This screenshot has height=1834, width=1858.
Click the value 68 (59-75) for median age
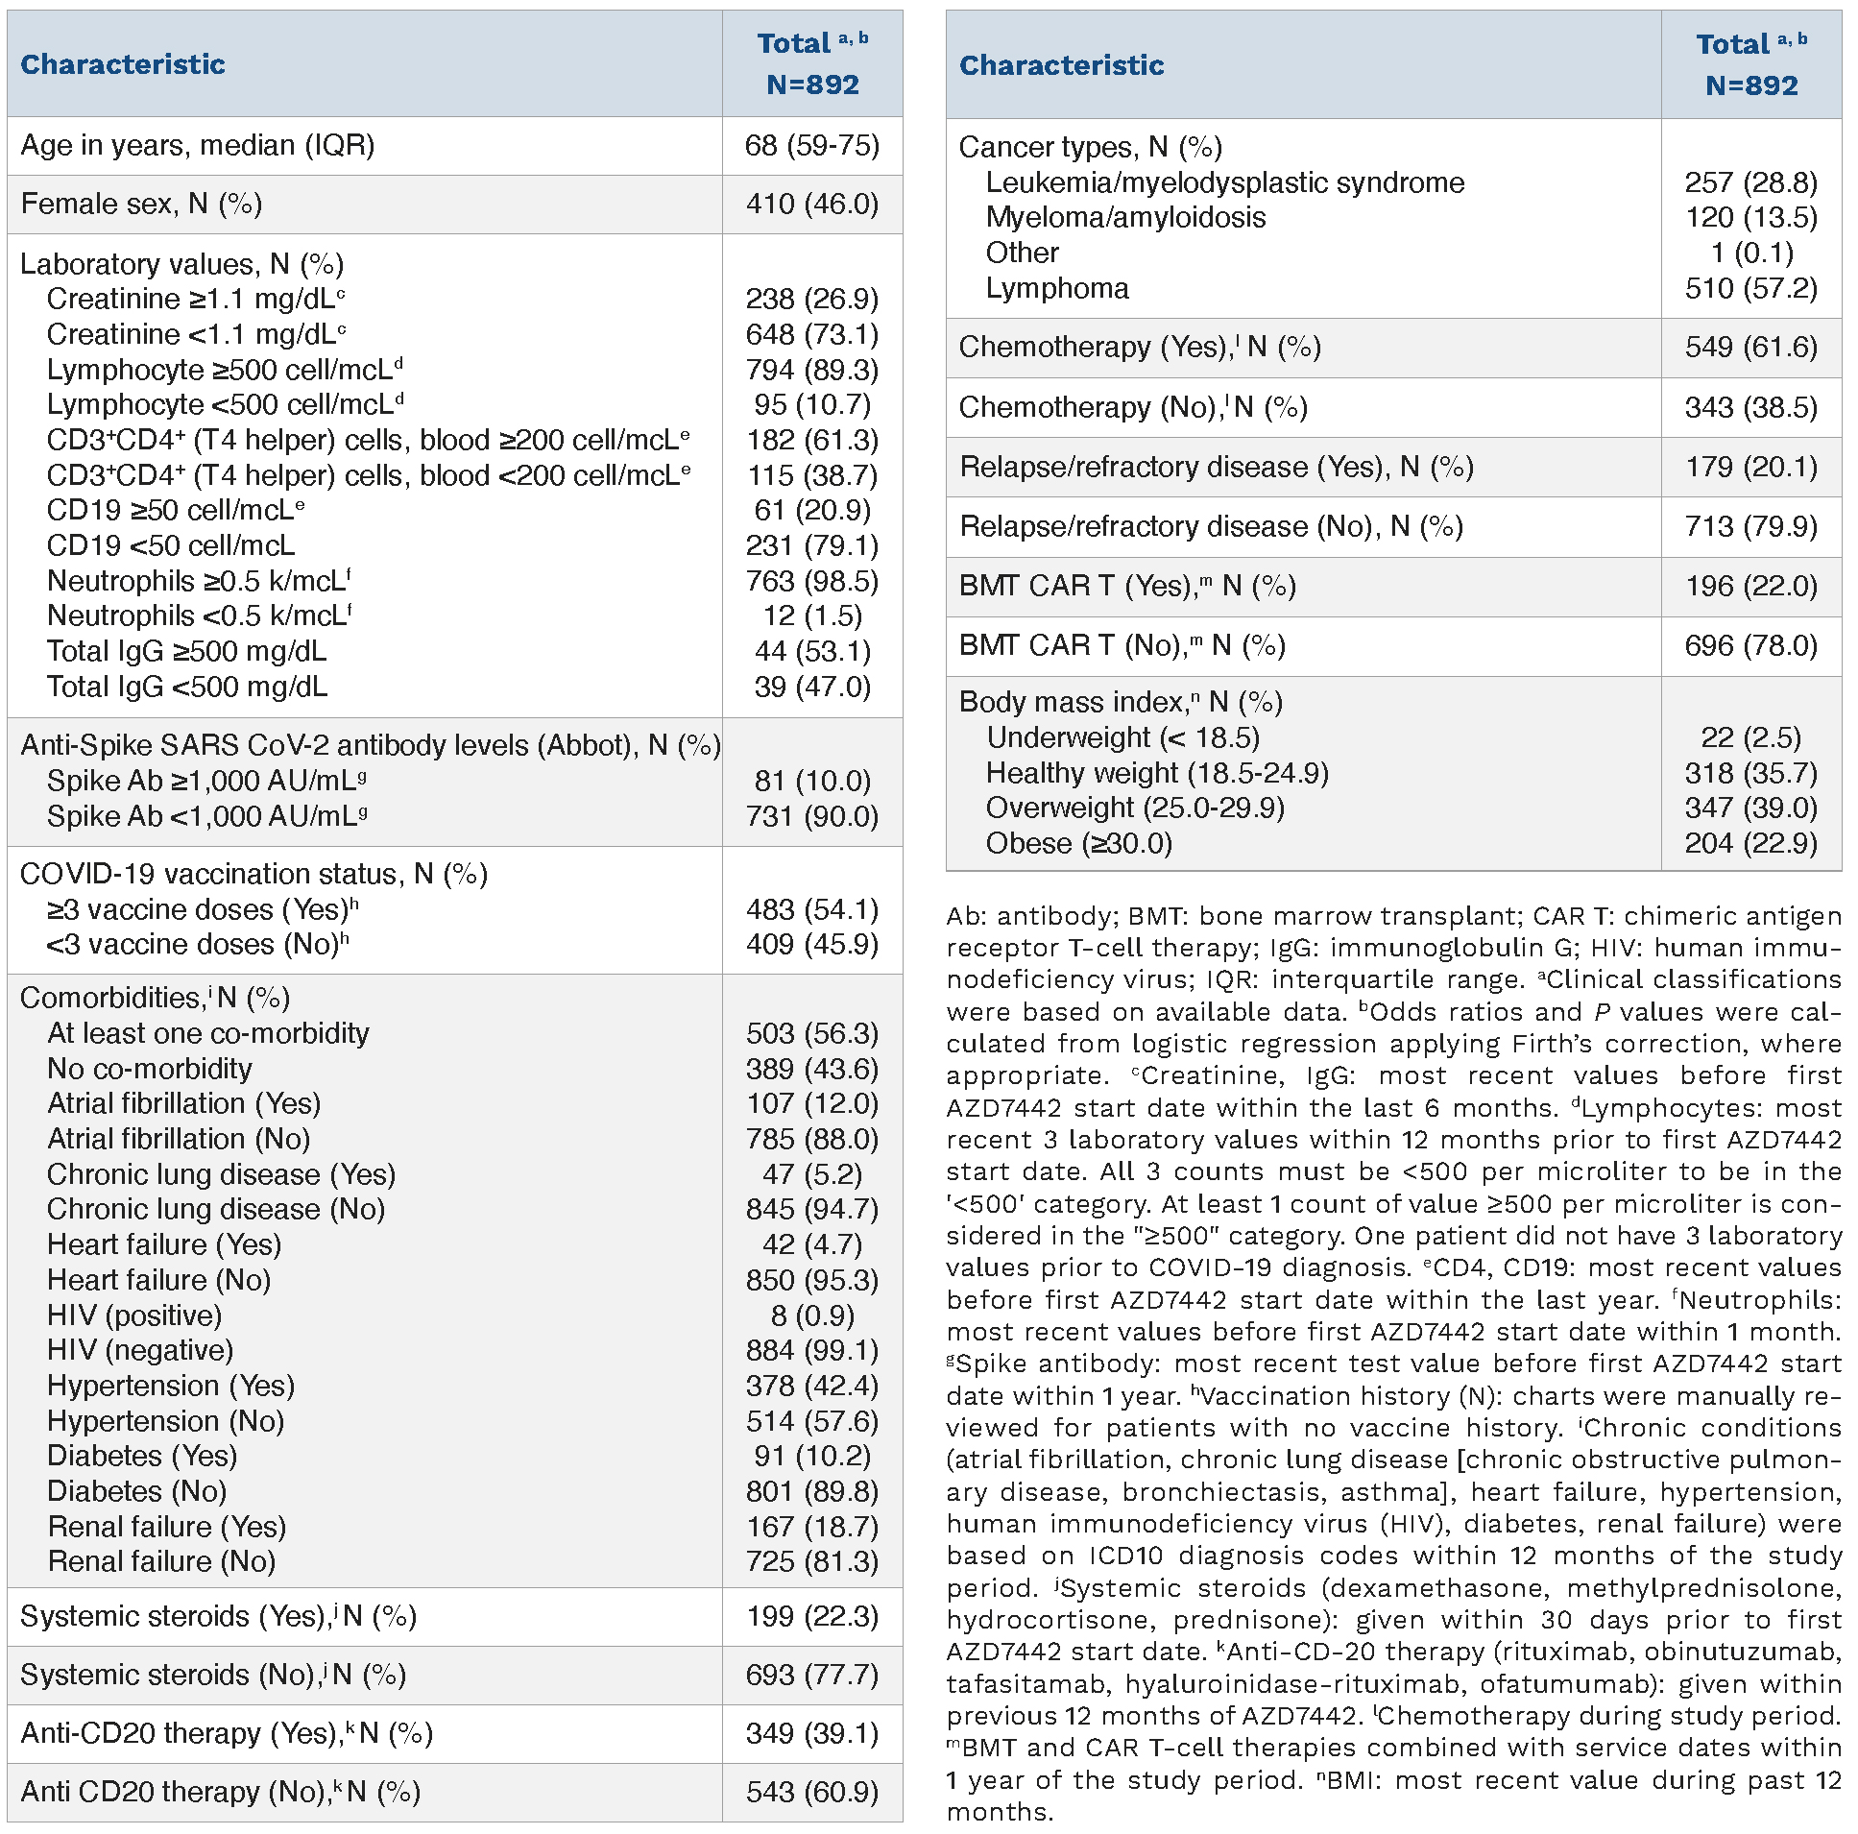pyautogui.click(x=811, y=145)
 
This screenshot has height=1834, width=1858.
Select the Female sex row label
pyautogui.click(x=141, y=204)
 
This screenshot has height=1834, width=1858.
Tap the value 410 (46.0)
pyautogui.click(x=811, y=204)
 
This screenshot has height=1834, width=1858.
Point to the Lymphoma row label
pyautogui.click(x=1057, y=288)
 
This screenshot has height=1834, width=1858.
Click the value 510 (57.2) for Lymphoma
pyautogui.click(x=1750, y=288)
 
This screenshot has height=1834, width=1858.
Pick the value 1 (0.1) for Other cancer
pyautogui.click(x=1750, y=253)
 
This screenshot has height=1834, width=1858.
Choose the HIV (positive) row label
pyautogui.click(x=134, y=1315)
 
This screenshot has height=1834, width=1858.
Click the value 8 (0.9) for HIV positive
pyautogui.click(x=811, y=1315)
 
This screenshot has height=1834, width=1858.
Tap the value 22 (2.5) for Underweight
pyautogui.click(x=1750, y=737)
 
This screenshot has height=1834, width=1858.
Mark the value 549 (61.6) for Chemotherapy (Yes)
pyautogui.click(x=1750, y=348)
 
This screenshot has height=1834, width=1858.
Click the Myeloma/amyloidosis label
pyautogui.click(x=1125, y=217)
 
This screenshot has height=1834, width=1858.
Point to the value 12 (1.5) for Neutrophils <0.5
pyautogui.click(x=811, y=615)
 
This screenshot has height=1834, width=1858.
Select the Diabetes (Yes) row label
pyautogui.click(x=142, y=1456)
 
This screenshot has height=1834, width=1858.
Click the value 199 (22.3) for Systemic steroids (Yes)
pyautogui.click(x=811, y=1616)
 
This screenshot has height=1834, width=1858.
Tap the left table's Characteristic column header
pyautogui.click(x=123, y=64)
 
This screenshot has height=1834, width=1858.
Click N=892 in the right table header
pyautogui.click(x=1750, y=85)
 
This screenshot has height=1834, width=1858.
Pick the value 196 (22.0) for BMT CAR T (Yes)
pyautogui.click(x=1750, y=586)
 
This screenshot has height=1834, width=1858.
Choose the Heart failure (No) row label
pyautogui.click(x=158, y=1280)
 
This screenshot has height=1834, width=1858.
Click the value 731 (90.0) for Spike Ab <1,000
pyautogui.click(x=811, y=816)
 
